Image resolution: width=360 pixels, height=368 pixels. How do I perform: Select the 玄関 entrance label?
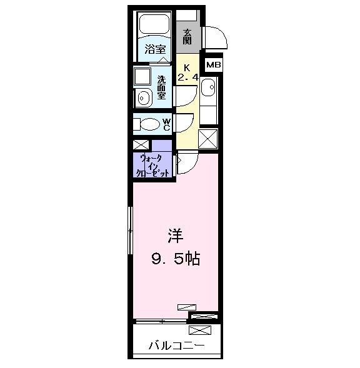click(x=187, y=36)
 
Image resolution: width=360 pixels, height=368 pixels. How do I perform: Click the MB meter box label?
click(x=213, y=64)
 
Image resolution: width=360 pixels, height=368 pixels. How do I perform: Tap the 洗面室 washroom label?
click(x=161, y=88)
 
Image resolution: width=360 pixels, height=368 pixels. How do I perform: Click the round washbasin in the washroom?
click(x=142, y=98)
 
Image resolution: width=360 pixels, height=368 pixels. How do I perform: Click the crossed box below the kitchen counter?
click(x=207, y=137)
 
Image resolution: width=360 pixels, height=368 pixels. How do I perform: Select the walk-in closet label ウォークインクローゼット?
click(x=154, y=166)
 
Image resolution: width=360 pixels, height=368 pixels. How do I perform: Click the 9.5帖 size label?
click(x=175, y=258)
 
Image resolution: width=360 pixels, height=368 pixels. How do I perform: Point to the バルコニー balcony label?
click(x=176, y=345)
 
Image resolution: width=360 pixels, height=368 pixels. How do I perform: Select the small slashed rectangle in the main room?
click(x=186, y=306)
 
